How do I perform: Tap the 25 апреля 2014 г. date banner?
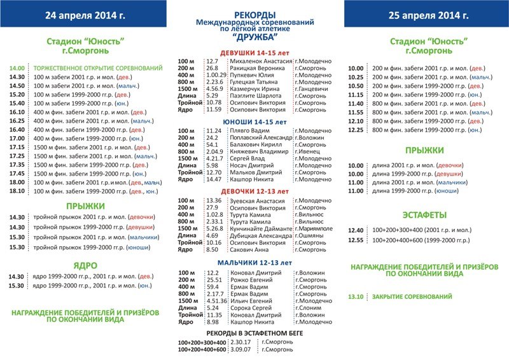pos(425,15)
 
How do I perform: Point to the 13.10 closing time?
pos(356,296)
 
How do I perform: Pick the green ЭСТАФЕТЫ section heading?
pos(424,215)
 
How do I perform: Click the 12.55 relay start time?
pos(356,241)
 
